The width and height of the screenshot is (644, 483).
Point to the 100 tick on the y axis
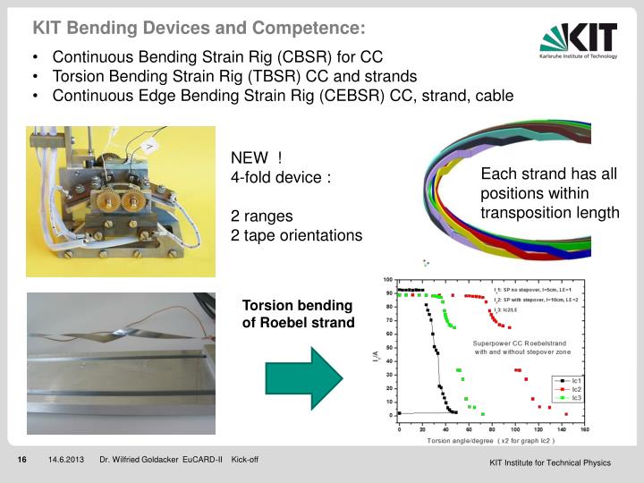[388, 280]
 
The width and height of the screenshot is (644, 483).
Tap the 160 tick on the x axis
[584, 429]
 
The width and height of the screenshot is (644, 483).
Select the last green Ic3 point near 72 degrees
[482, 415]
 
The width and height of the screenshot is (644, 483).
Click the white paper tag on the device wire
[150, 143]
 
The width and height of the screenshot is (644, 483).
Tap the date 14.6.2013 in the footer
[66, 461]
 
